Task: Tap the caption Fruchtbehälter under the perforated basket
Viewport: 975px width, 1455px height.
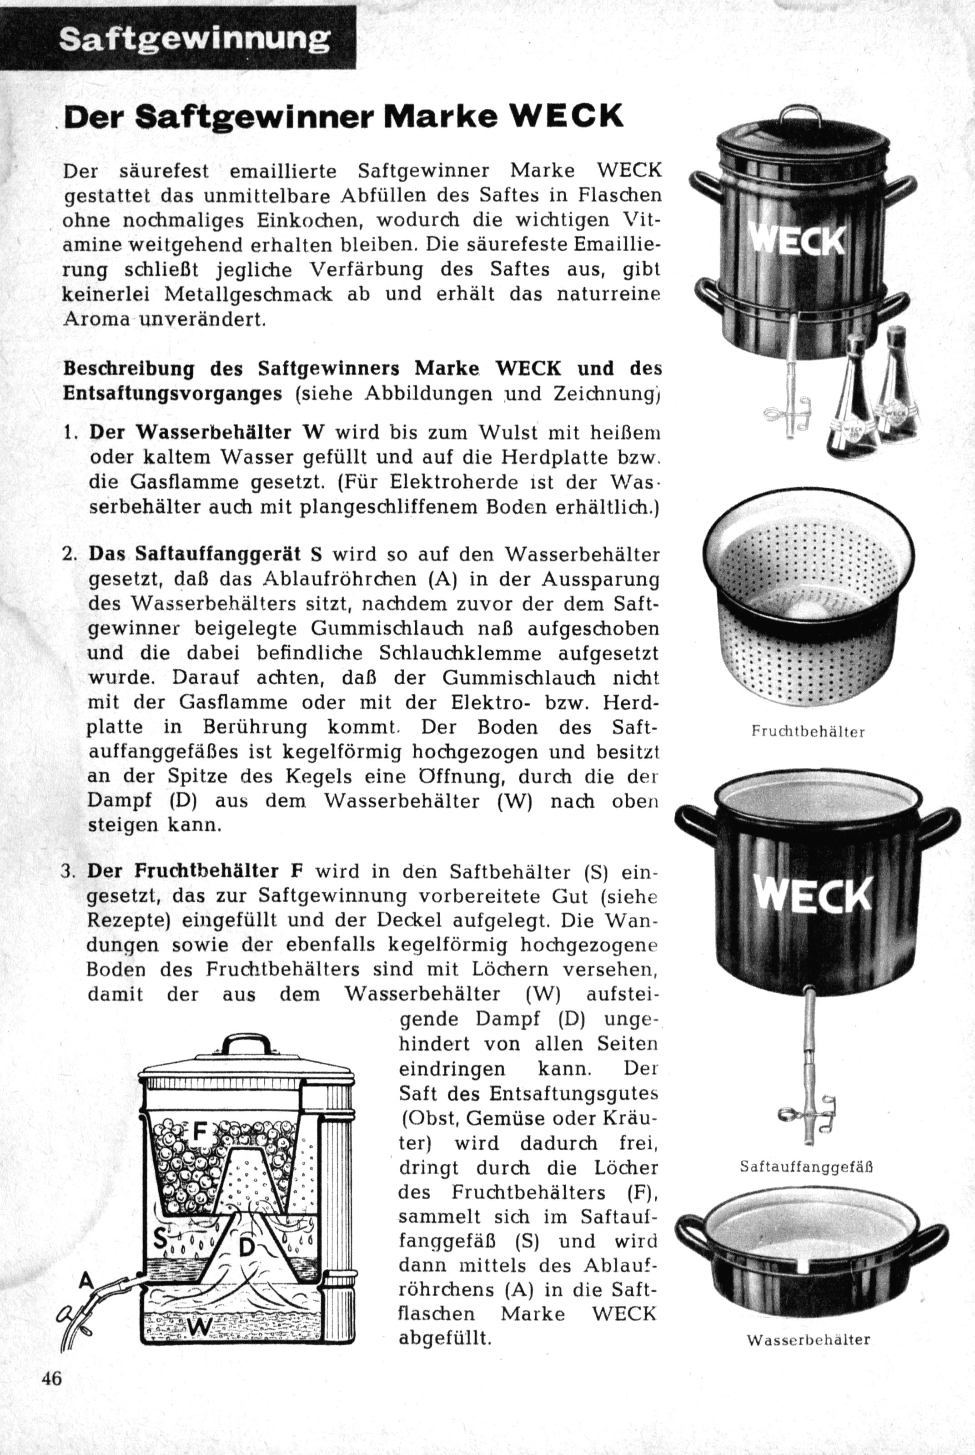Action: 808,732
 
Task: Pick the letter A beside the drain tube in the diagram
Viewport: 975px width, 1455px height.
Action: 86,1280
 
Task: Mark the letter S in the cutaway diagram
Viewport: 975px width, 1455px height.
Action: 160,1240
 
